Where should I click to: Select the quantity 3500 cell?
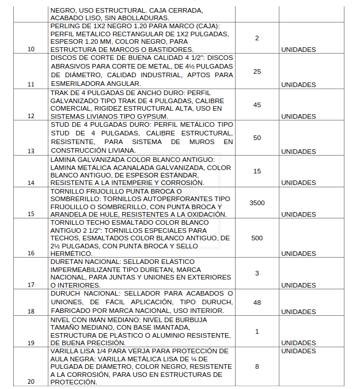coord(256,203)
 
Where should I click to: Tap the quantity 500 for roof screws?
coord(257,238)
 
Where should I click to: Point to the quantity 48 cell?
coord(257,302)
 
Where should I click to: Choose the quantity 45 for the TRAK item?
coord(257,105)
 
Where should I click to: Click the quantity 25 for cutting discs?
coord(257,71)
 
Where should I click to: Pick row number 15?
coord(31,214)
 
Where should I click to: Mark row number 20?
coord(31,382)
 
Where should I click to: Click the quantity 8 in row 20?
coord(257,366)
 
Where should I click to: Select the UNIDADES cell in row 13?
coord(298,152)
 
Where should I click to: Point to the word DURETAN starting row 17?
coord(67,262)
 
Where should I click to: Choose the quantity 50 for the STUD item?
coord(257,138)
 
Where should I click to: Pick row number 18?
coord(31,311)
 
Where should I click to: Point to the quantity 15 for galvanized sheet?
coord(257,171)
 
